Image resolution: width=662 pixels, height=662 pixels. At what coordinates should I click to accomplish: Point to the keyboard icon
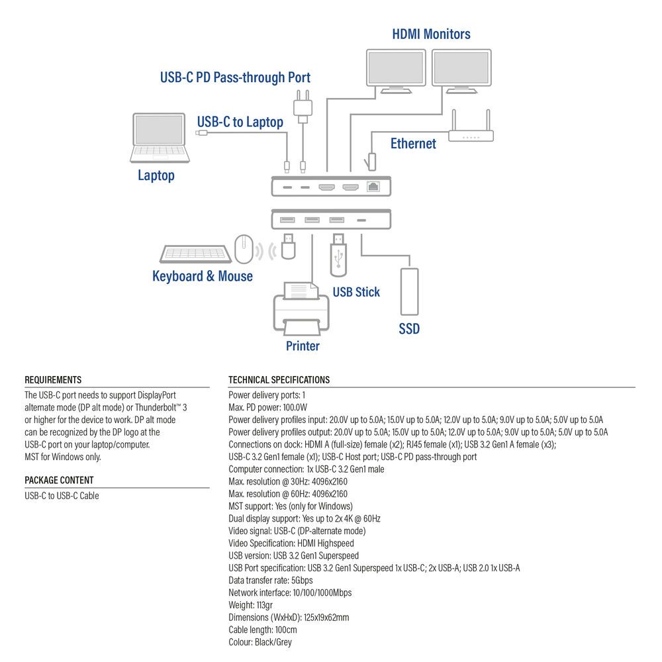click(x=195, y=254)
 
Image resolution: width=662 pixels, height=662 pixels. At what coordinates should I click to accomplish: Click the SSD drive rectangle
click(x=408, y=291)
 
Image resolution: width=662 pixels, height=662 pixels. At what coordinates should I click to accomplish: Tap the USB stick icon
click(x=338, y=254)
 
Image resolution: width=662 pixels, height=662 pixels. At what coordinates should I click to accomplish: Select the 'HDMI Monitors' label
click(x=431, y=34)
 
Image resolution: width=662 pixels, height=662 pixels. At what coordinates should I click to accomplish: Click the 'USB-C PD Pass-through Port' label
click(x=235, y=77)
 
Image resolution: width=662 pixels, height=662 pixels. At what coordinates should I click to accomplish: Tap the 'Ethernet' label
click(x=413, y=144)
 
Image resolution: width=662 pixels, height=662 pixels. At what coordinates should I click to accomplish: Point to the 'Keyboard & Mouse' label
click(x=203, y=276)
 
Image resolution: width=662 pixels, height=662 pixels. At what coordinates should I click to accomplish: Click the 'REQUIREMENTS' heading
click(x=53, y=380)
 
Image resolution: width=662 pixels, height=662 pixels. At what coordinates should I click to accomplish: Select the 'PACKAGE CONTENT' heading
click(x=59, y=480)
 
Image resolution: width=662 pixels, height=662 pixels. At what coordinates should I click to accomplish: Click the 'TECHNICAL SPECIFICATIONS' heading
click(x=279, y=380)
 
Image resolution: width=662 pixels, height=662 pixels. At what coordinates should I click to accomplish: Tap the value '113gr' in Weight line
click(x=265, y=605)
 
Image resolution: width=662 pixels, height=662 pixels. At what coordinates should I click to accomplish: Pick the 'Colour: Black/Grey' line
click(x=260, y=642)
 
